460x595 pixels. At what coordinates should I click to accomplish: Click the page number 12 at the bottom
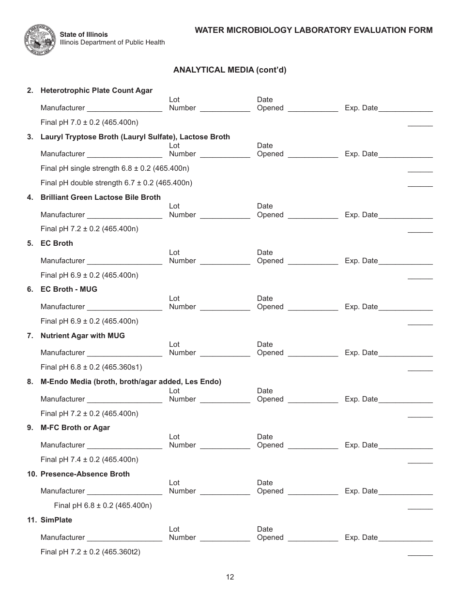tap(230, 577)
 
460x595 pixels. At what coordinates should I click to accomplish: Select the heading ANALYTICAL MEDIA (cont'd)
tap(230, 70)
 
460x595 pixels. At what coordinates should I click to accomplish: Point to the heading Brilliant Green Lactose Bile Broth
tap(100, 197)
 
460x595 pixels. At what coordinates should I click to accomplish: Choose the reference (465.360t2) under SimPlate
tap(121, 551)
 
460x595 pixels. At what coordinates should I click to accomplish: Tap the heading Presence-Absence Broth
tap(85, 474)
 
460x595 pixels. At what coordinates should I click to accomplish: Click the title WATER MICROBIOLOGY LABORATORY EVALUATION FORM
tap(313, 30)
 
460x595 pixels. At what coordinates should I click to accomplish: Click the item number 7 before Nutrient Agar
tap(30, 336)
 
